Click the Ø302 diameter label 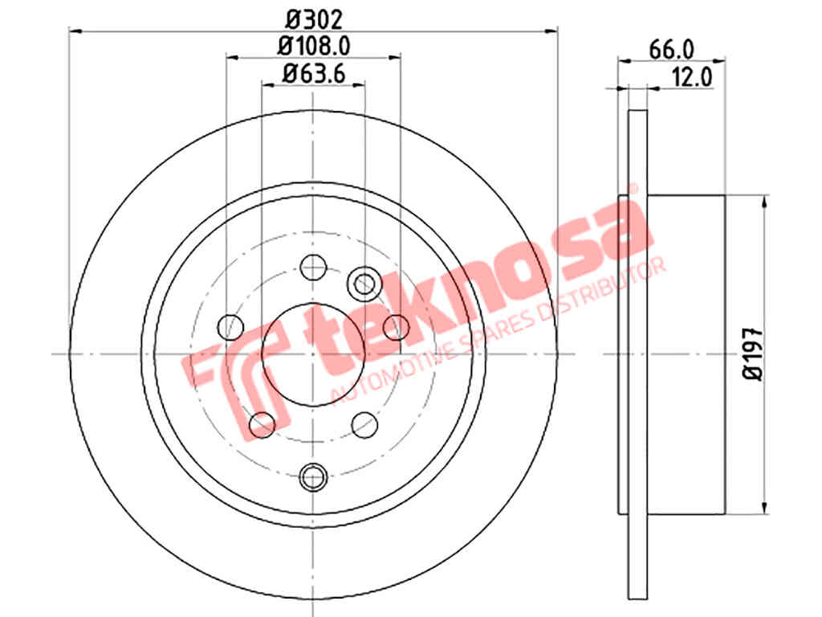315,20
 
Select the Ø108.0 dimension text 314,46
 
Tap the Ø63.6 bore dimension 314,73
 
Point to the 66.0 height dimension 672,51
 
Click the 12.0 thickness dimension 692,78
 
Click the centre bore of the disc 313,354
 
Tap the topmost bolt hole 314,268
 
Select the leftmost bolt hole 230,328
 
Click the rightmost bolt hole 397,328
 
